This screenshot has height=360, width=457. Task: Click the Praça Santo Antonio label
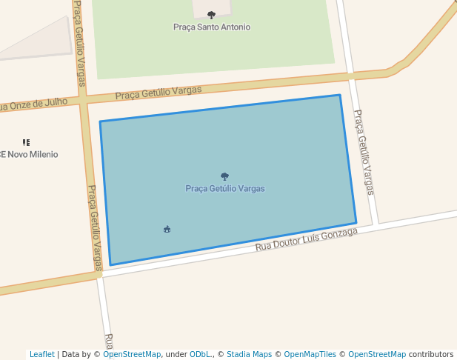212,27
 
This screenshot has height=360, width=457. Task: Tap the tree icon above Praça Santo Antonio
211,15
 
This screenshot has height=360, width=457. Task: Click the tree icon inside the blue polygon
224,176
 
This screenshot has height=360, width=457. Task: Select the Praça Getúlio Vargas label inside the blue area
225,188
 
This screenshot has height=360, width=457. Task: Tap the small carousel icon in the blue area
167,230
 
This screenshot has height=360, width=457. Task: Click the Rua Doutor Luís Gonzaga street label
306,239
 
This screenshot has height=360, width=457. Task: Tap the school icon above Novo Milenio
26,142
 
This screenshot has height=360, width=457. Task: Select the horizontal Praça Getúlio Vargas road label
159,93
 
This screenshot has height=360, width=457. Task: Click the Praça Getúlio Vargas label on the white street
364,153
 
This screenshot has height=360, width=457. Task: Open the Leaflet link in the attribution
41,354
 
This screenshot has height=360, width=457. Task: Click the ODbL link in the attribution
200,354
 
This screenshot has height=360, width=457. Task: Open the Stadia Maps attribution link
249,354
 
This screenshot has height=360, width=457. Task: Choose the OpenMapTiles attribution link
310,354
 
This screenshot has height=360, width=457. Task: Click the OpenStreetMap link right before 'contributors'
376,354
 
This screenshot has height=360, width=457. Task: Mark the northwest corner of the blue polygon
100,121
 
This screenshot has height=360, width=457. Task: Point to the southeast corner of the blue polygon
356,222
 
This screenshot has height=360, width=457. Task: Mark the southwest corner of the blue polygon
111,264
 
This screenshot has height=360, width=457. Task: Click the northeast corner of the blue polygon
340,95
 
